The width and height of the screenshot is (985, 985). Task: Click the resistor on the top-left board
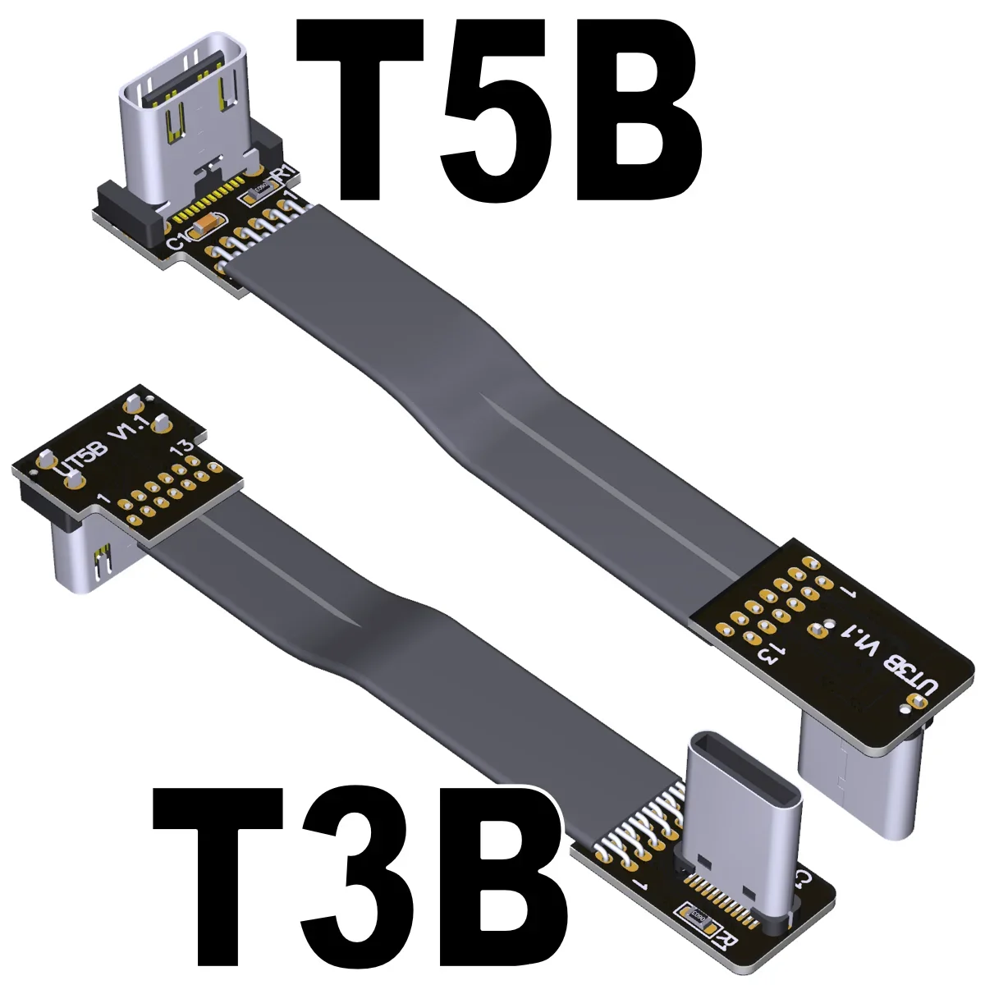click(253, 195)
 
